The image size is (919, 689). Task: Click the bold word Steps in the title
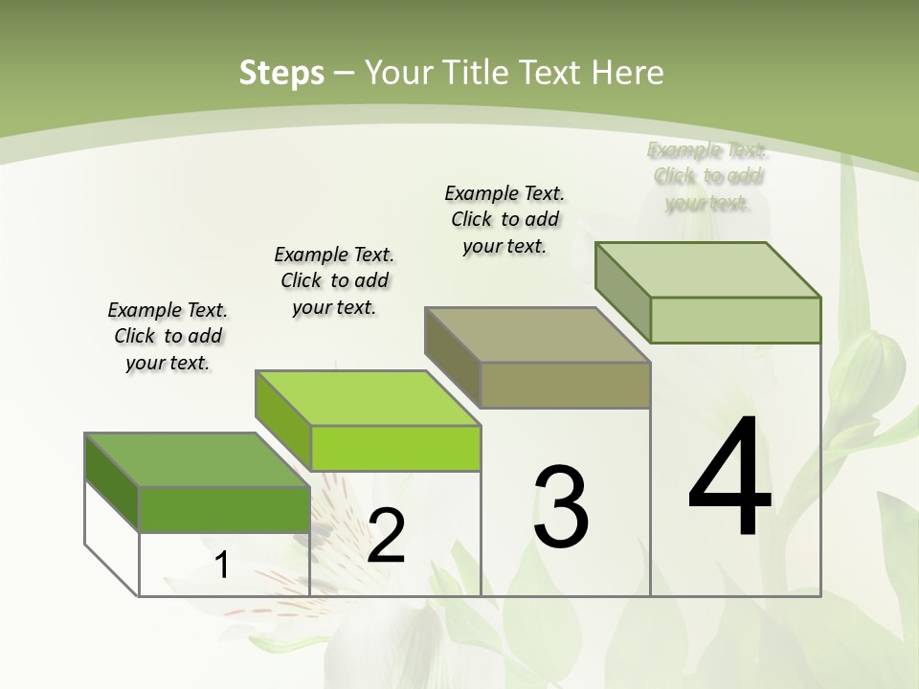coord(281,73)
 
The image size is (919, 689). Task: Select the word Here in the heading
coord(627,73)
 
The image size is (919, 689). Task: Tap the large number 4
coord(729,478)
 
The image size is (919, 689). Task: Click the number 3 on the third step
coord(561,506)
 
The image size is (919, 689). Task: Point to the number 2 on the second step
coord(386,536)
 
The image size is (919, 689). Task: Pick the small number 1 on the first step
coord(222,566)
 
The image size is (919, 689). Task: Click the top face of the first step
coord(196,460)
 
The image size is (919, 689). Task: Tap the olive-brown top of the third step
coord(536,335)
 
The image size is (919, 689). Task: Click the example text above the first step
coord(168,336)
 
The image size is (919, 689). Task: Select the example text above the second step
coord(334,280)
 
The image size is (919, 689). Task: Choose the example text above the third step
coord(504,219)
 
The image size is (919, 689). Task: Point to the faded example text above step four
coord(707,176)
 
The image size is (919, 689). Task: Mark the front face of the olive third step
coord(565,386)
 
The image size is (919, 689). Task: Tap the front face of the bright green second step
coord(395,448)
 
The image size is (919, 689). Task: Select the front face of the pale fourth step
coord(734,320)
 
